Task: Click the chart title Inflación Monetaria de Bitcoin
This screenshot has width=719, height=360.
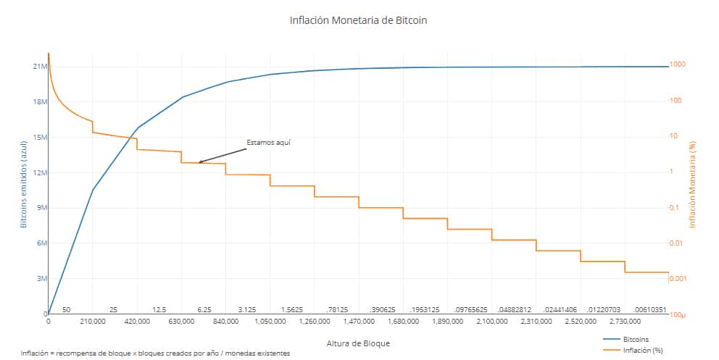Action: [x=358, y=20]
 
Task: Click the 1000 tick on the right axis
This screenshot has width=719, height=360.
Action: [x=677, y=65]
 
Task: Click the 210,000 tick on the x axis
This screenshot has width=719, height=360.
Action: [x=93, y=320]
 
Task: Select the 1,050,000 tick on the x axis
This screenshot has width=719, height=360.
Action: [x=270, y=320]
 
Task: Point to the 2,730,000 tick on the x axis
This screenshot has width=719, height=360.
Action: [x=625, y=320]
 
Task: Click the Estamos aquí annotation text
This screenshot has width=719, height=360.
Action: [x=268, y=142]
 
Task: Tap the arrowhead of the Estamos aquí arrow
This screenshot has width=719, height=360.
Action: [x=201, y=162]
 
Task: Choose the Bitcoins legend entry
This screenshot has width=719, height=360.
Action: [x=636, y=339]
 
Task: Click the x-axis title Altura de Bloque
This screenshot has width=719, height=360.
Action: [x=358, y=342]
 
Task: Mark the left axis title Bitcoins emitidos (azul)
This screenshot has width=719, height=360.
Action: [x=23, y=184]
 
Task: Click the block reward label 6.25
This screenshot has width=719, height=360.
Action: [x=204, y=309]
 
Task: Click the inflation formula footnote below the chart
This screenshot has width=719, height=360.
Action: [x=156, y=353]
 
